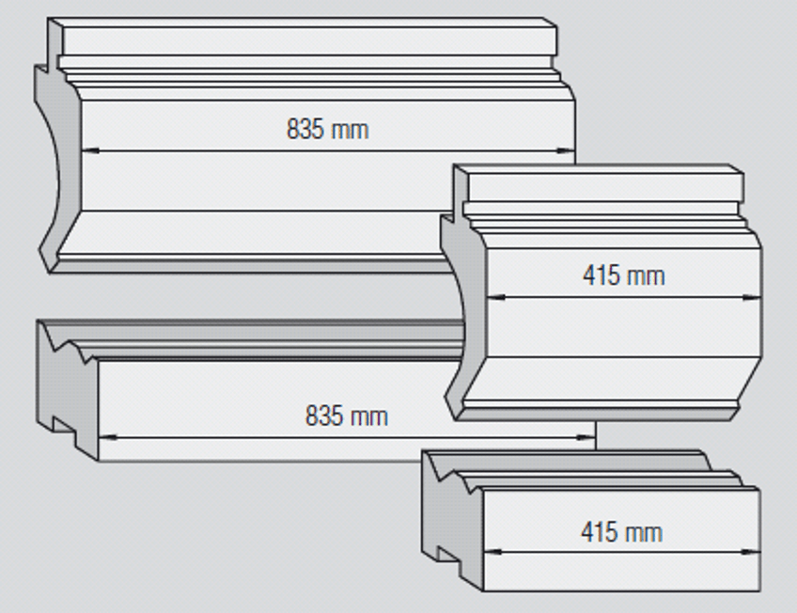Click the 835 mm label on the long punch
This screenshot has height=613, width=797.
pyautogui.click(x=327, y=129)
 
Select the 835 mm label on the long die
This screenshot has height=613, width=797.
pyautogui.click(x=346, y=416)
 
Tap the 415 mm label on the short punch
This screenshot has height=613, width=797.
pyautogui.click(x=624, y=275)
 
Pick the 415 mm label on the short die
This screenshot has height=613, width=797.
pyautogui.click(x=621, y=532)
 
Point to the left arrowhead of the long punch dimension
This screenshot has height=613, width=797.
pyautogui.click(x=90, y=150)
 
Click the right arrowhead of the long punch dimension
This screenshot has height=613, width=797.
pyautogui.click(x=566, y=150)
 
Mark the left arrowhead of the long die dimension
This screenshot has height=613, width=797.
pyautogui.click(x=108, y=437)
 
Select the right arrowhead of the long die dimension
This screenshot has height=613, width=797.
pyautogui.click(x=586, y=437)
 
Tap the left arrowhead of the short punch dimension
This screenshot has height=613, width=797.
pyautogui.click(x=496, y=297)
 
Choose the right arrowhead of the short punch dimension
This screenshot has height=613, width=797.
pyautogui.click(x=753, y=297)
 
